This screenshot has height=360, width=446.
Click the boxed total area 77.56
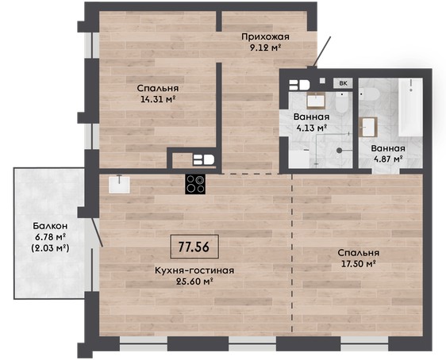point(194,247)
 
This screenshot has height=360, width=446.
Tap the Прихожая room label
point(265,36)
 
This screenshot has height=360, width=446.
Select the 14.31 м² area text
point(158,99)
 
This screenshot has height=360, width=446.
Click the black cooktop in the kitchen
point(195,184)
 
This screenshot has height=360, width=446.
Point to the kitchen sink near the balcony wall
point(119,184)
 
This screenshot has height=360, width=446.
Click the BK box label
point(344,83)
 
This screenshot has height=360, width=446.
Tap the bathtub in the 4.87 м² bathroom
point(410,107)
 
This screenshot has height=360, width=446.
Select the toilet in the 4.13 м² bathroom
point(341,102)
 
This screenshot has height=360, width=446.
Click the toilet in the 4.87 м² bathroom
point(369,94)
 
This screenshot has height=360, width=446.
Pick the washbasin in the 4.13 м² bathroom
point(316,101)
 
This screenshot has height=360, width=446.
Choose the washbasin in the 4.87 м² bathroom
point(368,128)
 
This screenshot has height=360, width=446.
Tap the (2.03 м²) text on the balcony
point(50,248)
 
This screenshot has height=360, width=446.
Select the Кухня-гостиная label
point(194,270)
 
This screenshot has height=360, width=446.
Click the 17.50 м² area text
point(359,264)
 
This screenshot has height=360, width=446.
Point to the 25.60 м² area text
point(195,281)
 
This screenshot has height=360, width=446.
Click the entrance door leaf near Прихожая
point(322,52)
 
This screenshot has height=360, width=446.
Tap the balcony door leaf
point(97,232)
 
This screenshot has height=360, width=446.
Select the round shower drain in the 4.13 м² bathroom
point(340,151)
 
